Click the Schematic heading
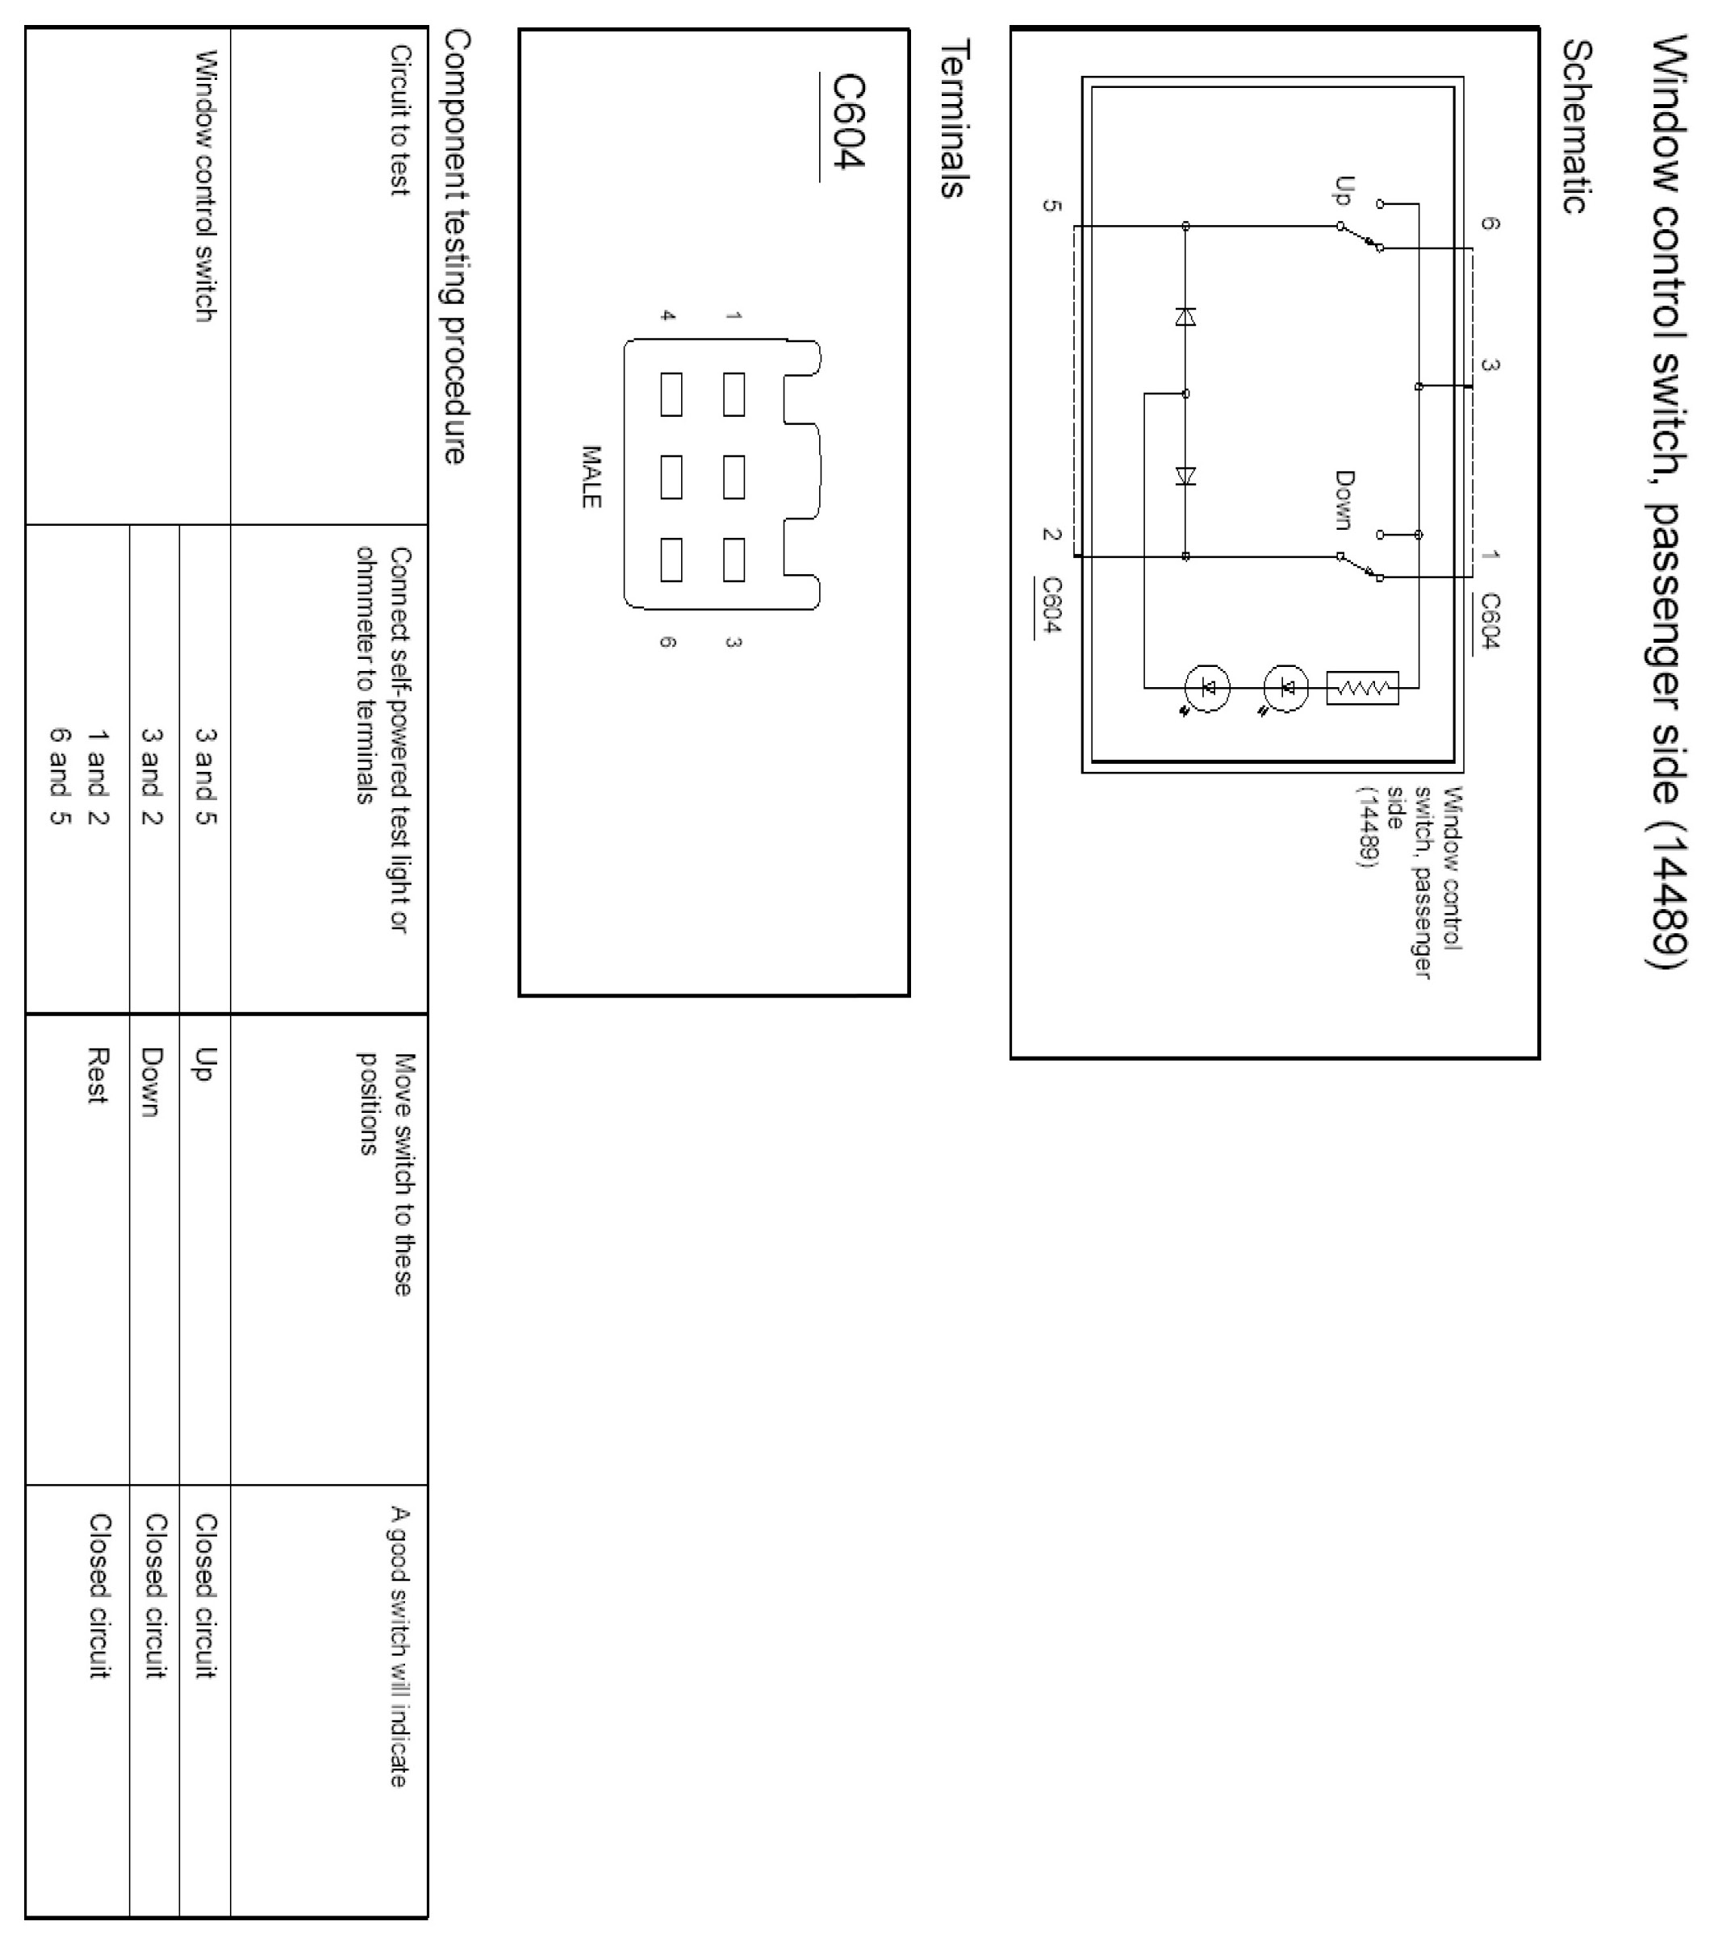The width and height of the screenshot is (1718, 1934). [x=1576, y=126]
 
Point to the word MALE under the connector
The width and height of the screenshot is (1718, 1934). [x=591, y=477]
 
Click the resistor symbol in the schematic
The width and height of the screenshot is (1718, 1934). [x=1362, y=688]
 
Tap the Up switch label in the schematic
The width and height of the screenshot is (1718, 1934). [x=1342, y=191]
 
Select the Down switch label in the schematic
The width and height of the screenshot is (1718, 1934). [x=1344, y=499]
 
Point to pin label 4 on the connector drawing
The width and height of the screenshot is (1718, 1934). [x=667, y=315]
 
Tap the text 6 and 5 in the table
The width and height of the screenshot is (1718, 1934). [x=59, y=776]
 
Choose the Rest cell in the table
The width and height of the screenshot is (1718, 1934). [x=97, y=1075]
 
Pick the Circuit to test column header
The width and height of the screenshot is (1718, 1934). [x=399, y=120]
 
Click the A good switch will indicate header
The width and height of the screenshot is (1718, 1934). [x=399, y=1646]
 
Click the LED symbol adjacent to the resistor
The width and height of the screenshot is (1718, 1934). [x=1286, y=688]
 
